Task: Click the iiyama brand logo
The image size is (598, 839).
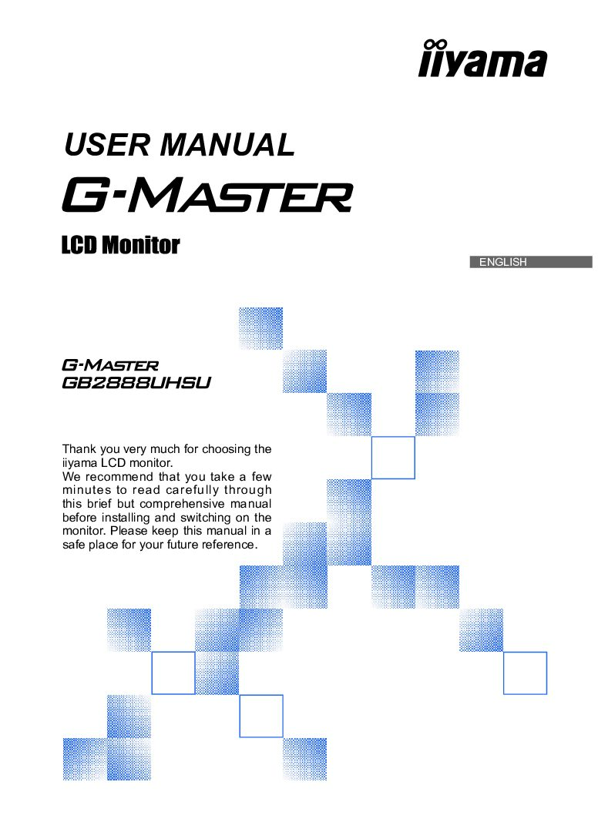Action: tap(482, 59)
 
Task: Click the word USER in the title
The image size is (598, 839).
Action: tap(107, 145)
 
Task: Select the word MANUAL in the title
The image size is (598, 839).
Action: tap(227, 145)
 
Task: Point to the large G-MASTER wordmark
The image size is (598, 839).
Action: tap(207, 196)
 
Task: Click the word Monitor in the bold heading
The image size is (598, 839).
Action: tap(141, 245)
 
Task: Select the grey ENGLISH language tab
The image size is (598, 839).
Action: tap(531, 262)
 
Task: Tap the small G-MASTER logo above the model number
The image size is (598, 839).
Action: tap(110, 365)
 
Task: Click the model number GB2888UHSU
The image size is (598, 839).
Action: tap(136, 383)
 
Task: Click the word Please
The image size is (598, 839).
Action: tap(129, 532)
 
